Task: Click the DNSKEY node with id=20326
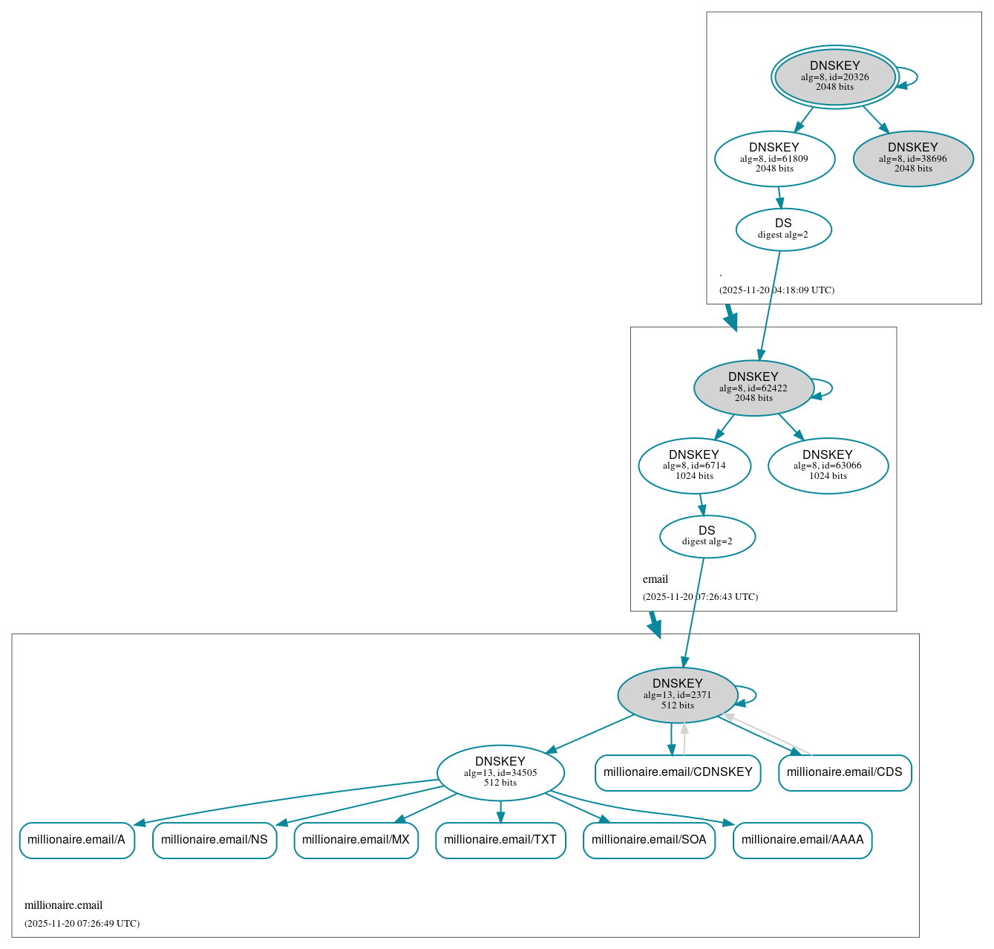pyautogui.click(x=834, y=76)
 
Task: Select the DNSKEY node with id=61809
pyautogui.click(x=774, y=158)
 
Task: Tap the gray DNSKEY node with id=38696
pyautogui.click(x=912, y=158)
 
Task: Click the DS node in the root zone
pyautogui.click(x=783, y=229)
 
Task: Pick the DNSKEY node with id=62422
pyautogui.click(x=753, y=388)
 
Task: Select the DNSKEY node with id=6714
pyautogui.click(x=694, y=466)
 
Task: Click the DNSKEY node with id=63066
pyautogui.click(x=828, y=466)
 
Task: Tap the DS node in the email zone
pyautogui.click(x=707, y=536)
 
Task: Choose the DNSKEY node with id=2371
pyautogui.click(x=677, y=694)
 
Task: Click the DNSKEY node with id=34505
pyautogui.click(x=500, y=772)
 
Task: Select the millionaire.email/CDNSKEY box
pyautogui.click(x=677, y=772)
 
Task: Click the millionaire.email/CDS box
pyautogui.click(x=844, y=772)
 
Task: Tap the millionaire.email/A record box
pyautogui.click(x=76, y=840)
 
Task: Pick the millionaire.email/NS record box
pyautogui.click(x=214, y=840)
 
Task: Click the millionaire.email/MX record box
pyautogui.click(x=356, y=840)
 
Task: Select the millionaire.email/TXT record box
pyautogui.click(x=500, y=840)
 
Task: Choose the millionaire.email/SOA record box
pyautogui.click(x=649, y=840)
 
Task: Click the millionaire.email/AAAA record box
pyautogui.click(x=802, y=840)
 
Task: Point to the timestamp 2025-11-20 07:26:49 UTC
pyautogui.click(x=82, y=924)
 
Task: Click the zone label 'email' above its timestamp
pyautogui.click(x=655, y=579)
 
